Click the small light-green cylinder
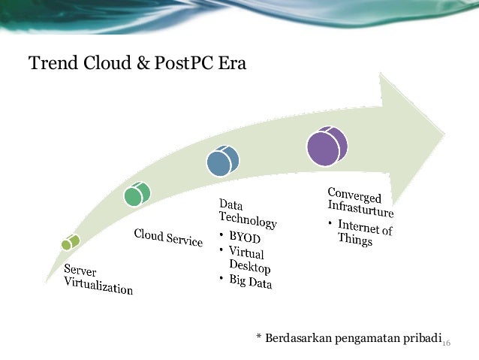(70, 242)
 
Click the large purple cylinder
(327, 146)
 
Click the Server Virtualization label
(98, 279)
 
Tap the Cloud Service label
(168, 237)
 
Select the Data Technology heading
(247, 213)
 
